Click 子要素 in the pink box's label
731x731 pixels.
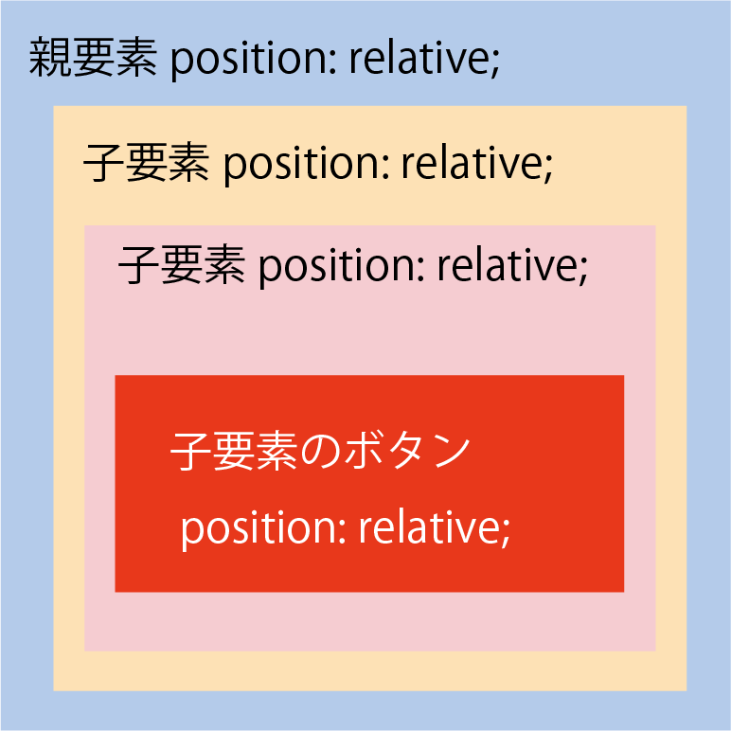point(182,265)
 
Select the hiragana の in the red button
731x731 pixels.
point(314,452)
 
